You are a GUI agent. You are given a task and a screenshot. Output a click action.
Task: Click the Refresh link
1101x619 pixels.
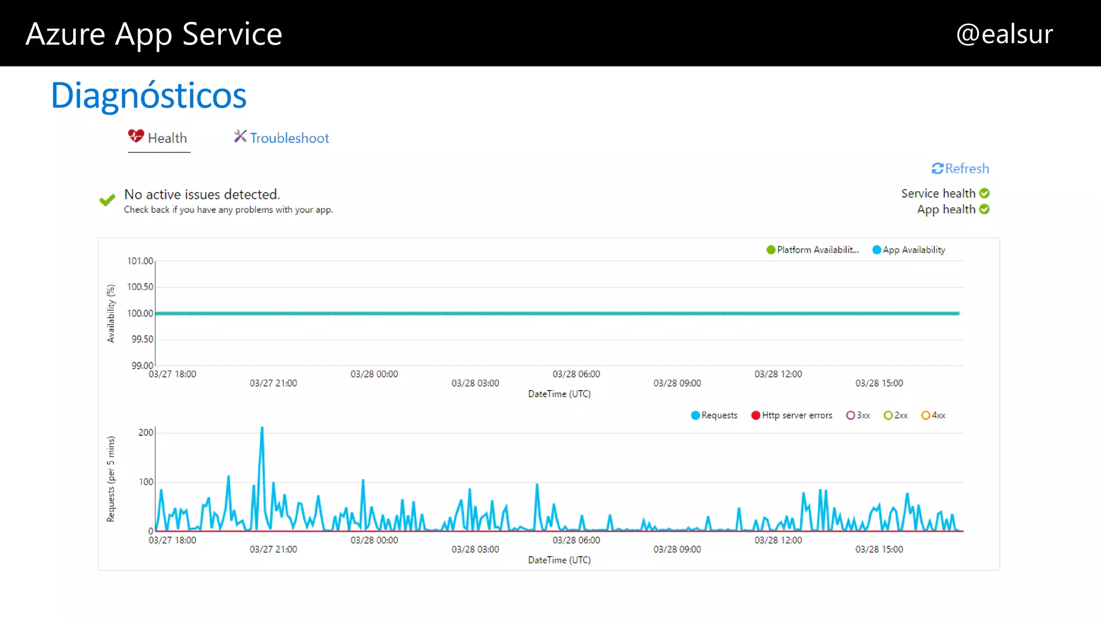(961, 169)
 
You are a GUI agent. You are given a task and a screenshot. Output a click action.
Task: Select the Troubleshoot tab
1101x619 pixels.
(282, 138)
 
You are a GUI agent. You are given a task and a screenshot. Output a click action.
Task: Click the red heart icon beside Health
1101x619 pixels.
(135, 136)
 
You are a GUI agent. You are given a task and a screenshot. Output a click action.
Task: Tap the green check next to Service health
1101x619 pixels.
(984, 193)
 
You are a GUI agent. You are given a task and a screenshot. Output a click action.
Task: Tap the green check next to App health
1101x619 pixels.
(984, 210)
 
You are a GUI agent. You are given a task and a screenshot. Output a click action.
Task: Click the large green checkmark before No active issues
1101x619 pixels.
(107, 200)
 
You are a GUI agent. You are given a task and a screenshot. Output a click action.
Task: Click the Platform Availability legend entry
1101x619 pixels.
(812, 250)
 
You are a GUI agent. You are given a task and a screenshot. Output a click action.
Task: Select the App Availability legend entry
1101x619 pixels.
(909, 250)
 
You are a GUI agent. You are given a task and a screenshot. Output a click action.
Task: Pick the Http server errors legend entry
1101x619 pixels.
(791, 415)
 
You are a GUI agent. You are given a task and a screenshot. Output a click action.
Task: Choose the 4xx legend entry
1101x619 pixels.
(933, 415)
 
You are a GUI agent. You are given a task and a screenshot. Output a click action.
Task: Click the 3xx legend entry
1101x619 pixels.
(858, 415)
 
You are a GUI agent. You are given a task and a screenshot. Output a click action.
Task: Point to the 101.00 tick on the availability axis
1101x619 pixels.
(140, 261)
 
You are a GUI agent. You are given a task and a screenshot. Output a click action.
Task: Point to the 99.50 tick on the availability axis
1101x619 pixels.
(142, 340)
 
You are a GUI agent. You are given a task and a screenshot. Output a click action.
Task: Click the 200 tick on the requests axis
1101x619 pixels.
(146, 433)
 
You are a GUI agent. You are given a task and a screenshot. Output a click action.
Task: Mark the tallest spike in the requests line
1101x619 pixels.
(262, 429)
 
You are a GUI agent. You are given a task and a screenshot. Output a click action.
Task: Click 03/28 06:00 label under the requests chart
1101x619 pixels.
(576, 540)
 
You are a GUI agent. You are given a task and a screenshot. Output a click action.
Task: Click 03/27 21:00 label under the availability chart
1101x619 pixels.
(273, 383)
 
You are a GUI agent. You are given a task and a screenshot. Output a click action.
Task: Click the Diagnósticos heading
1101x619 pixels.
(148, 96)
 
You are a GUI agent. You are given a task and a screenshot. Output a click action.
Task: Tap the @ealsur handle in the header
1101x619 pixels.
(1004, 34)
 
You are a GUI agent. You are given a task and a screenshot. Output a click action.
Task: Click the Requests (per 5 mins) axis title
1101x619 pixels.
(111, 479)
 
